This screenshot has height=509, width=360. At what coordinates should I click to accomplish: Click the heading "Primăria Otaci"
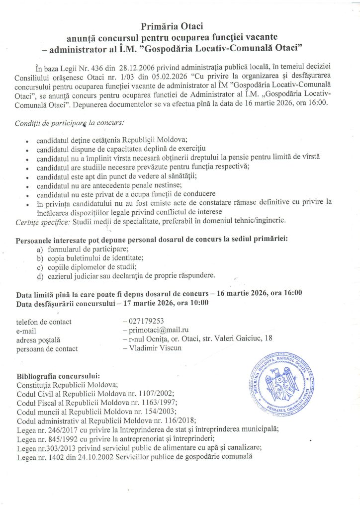coord(180,25)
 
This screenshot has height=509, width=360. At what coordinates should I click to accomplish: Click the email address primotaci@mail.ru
coord(159,330)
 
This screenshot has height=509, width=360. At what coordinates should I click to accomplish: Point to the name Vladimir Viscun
coord(155,348)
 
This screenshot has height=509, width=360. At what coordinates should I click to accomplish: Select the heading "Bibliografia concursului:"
coord(58,375)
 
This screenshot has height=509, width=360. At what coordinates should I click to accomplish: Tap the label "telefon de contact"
coord(44,321)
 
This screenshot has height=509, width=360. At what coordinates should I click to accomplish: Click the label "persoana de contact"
coord(47,348)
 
